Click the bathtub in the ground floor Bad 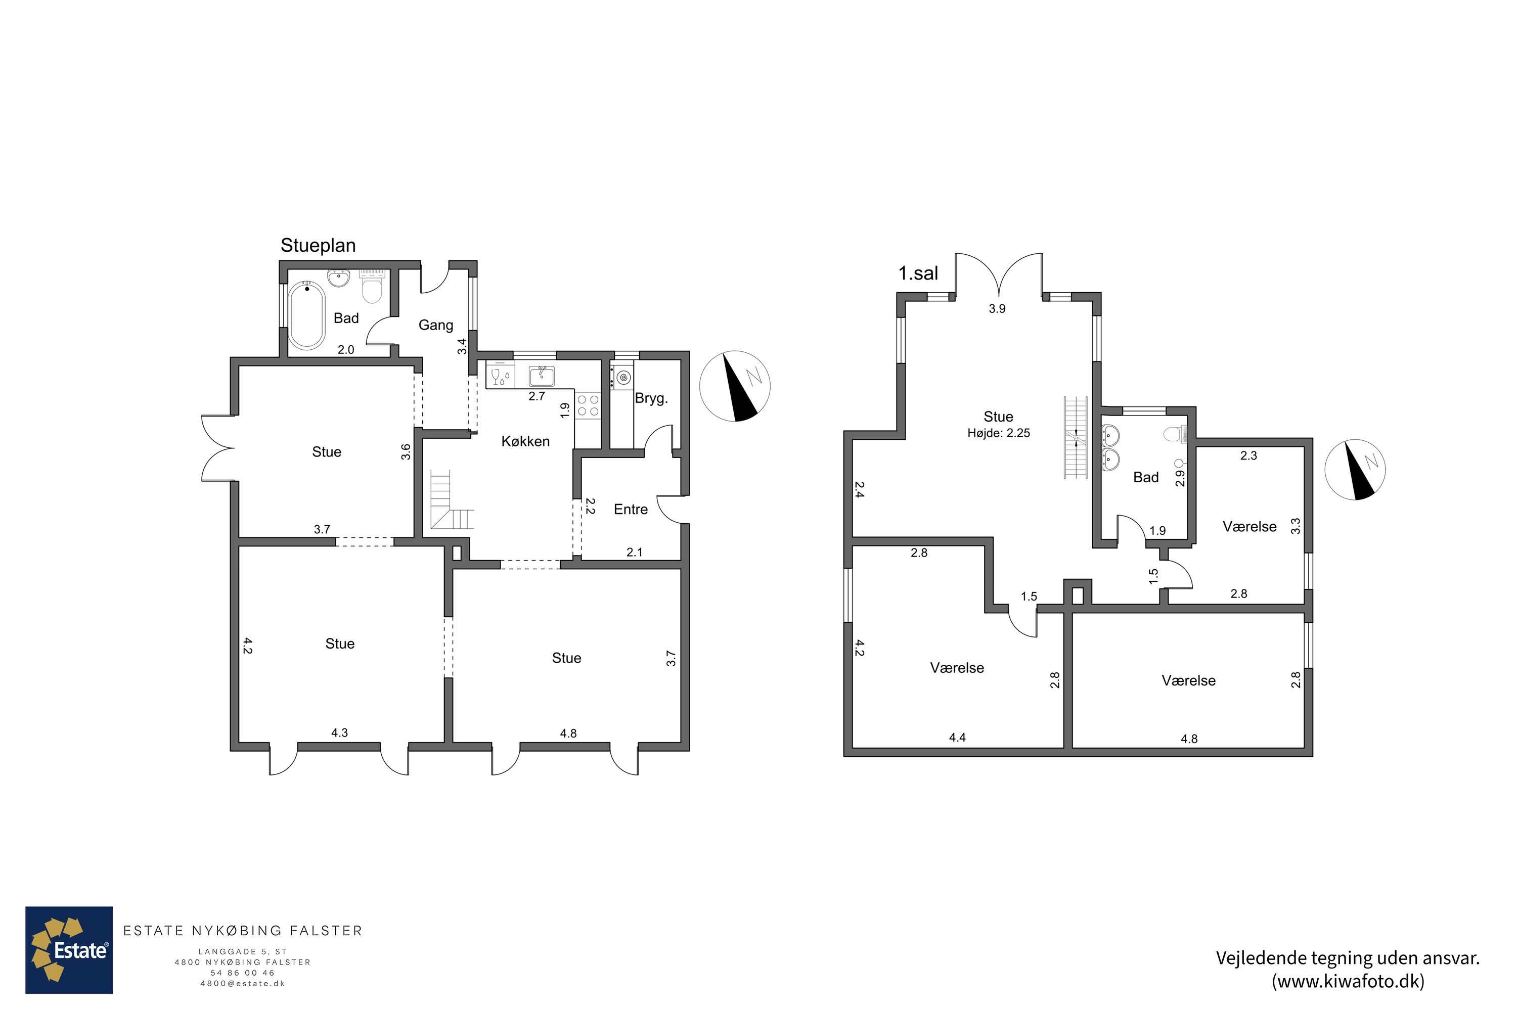tap(306, 315)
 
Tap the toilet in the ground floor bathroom tap(372, 287)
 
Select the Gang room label tap(436, 325)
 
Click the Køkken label tap(526, 442)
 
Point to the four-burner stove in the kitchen tap(588, 405)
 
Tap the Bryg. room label tap(651, 398)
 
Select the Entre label tap(631, 510)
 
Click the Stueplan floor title tap(318, 246)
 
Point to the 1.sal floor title tap(918, 273)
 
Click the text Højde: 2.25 tap(998, 433)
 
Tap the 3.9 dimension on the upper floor tap(997, 309)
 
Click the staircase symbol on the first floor tap(1076, 438)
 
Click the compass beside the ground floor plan tap(735, 386)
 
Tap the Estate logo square tap(69, 950)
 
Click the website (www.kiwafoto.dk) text tap(1348, 981)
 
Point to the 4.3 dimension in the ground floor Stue tap(339, 732)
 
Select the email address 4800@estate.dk tap(243, 984)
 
